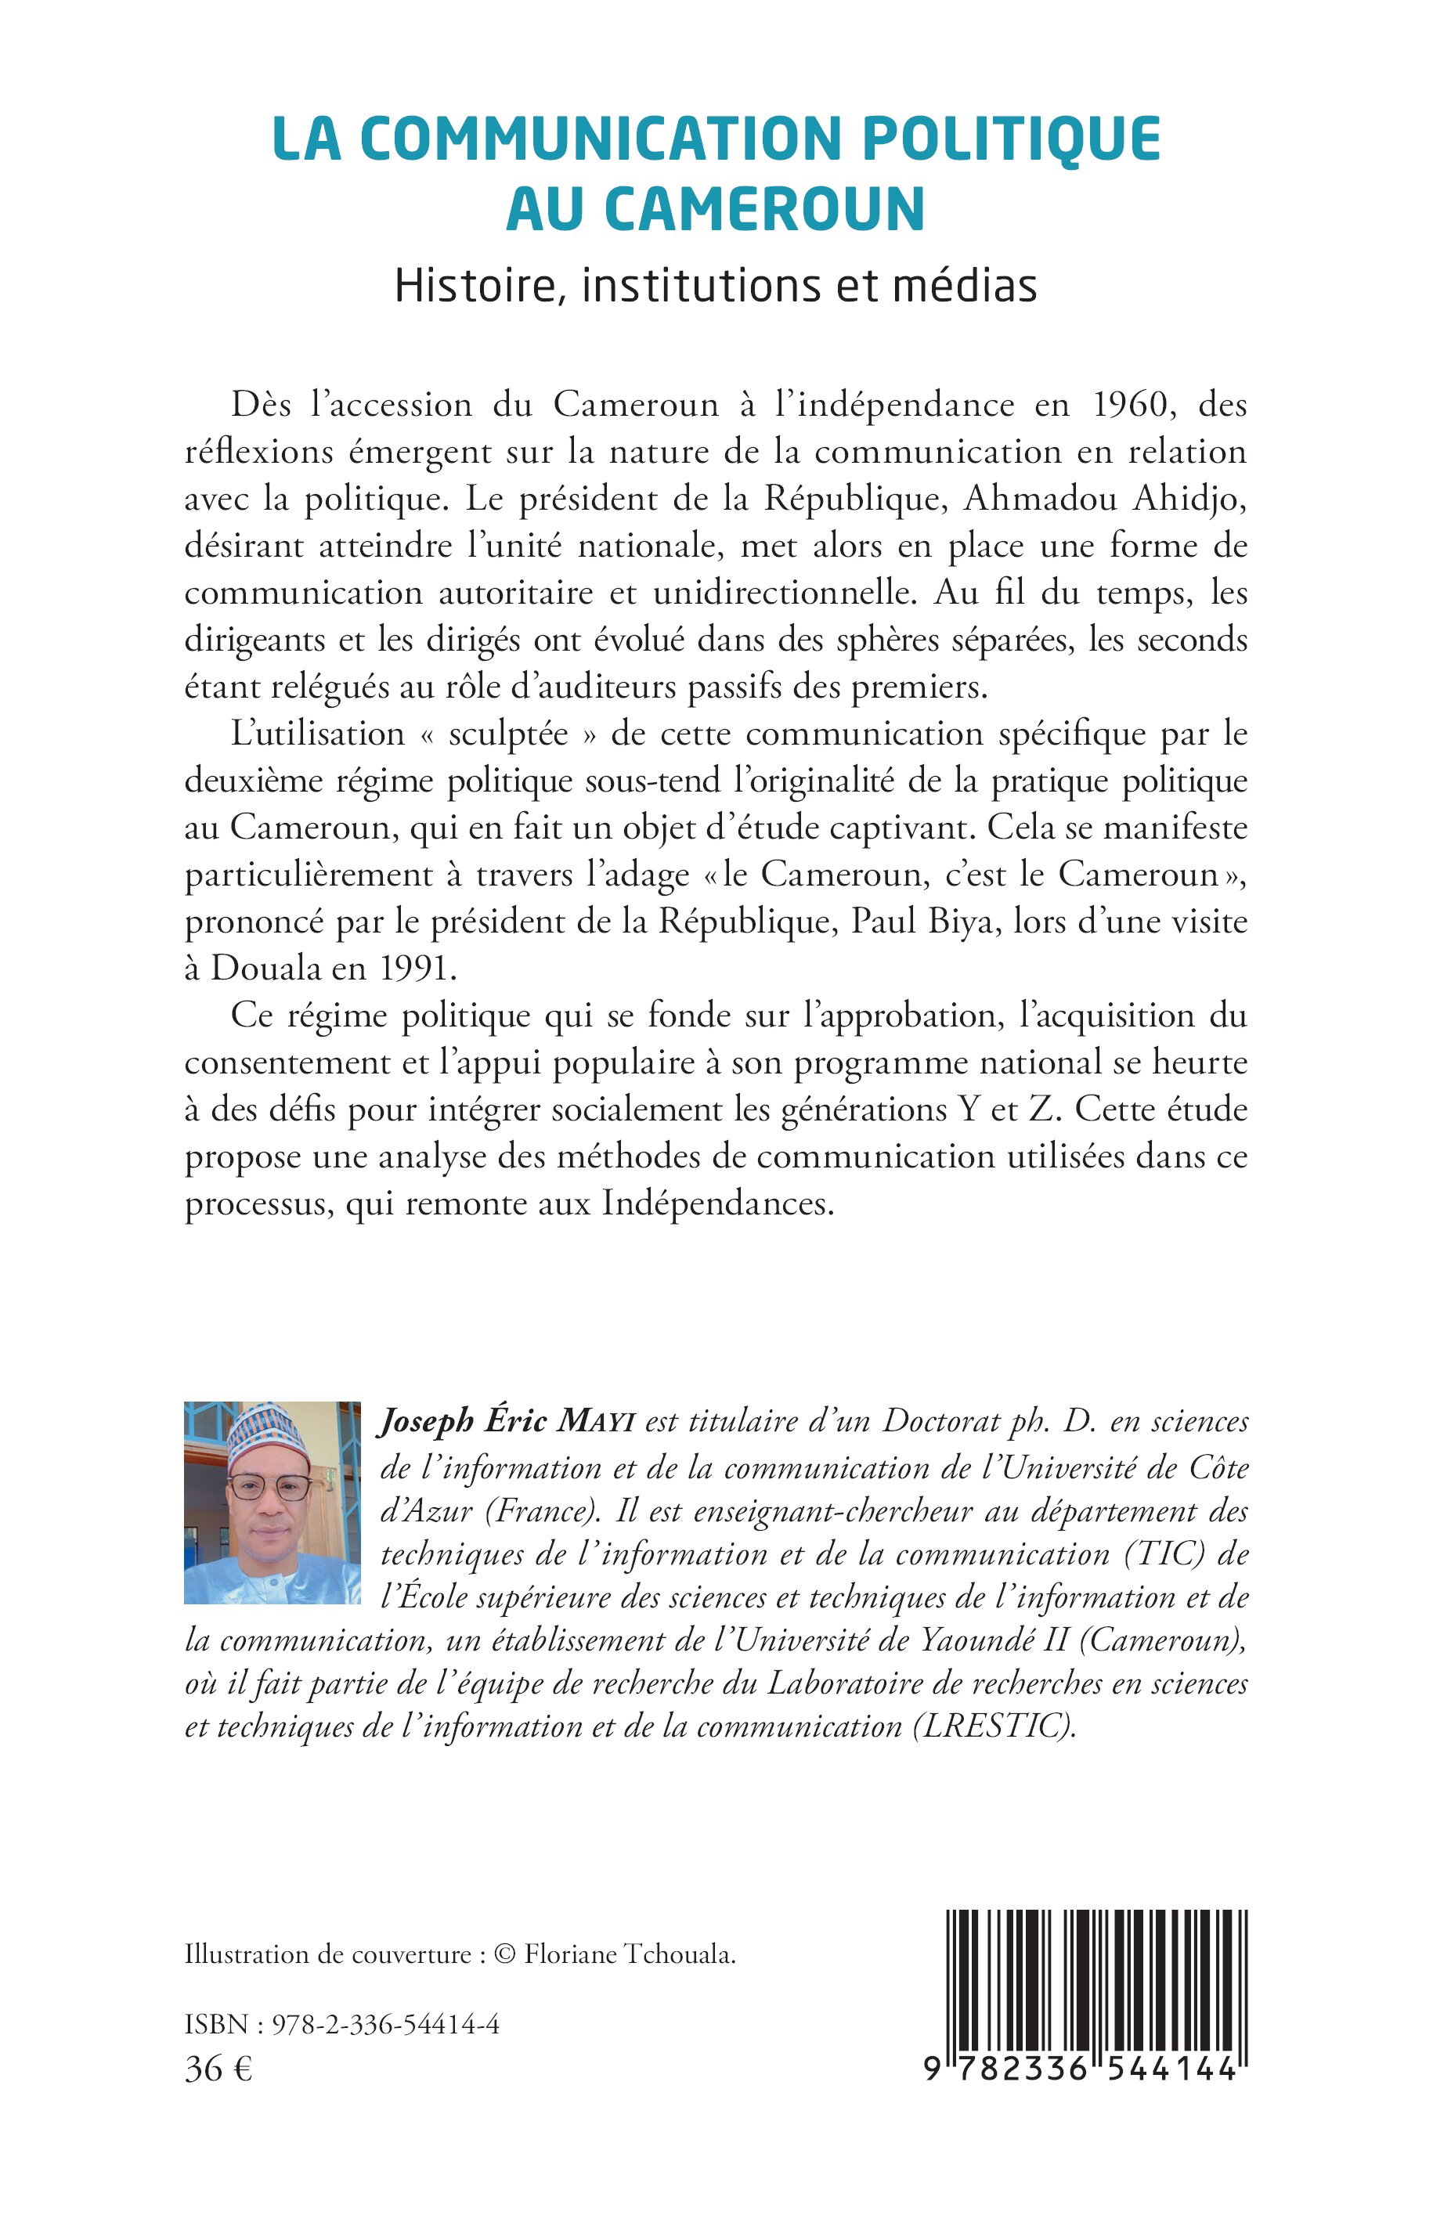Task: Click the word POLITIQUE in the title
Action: (x=1012, y=139)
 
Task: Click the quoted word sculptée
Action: (x=508, y=735)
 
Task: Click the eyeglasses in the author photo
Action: (x=270, y=1488)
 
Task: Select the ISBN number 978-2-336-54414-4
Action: (x=385, y=2023)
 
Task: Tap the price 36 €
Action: (x=218, y=2069)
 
